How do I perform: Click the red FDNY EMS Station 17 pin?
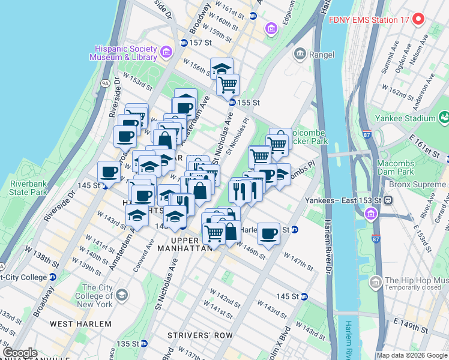(x=419, y=19)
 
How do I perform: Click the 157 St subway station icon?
(x=184, y=43)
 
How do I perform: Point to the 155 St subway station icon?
(x=232, y=103)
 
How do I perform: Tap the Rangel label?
(x=316, y=55)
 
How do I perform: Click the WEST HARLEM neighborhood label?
(x=80, y=324)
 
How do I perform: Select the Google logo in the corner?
(x=20, y=353)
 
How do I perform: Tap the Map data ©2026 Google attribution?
(x=412, y=355)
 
